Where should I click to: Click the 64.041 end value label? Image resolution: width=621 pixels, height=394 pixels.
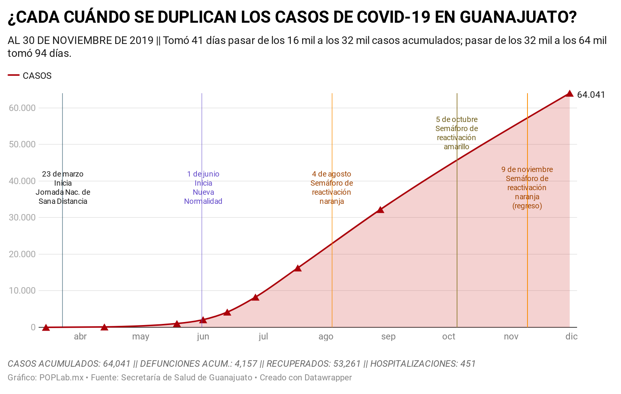tap(591, 95)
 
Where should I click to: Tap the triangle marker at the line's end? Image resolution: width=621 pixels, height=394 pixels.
tap(570, 94)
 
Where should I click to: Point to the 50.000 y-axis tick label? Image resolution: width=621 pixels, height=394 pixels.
tap(22, 145)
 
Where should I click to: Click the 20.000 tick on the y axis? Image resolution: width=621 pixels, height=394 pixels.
tap(22, 254)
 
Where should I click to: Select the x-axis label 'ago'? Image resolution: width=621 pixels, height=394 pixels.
tap(326, 336)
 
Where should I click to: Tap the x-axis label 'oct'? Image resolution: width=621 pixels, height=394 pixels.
tap(449, 336)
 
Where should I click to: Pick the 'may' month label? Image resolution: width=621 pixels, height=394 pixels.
tap(140, 336)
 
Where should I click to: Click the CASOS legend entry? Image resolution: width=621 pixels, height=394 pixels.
tap(37, 76)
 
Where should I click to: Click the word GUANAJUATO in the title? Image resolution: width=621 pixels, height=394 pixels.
tap(518, 17)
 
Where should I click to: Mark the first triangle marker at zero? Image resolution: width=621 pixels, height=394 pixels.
tap(46, 327)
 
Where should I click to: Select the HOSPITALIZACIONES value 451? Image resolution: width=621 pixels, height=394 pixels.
tap(468, 364)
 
